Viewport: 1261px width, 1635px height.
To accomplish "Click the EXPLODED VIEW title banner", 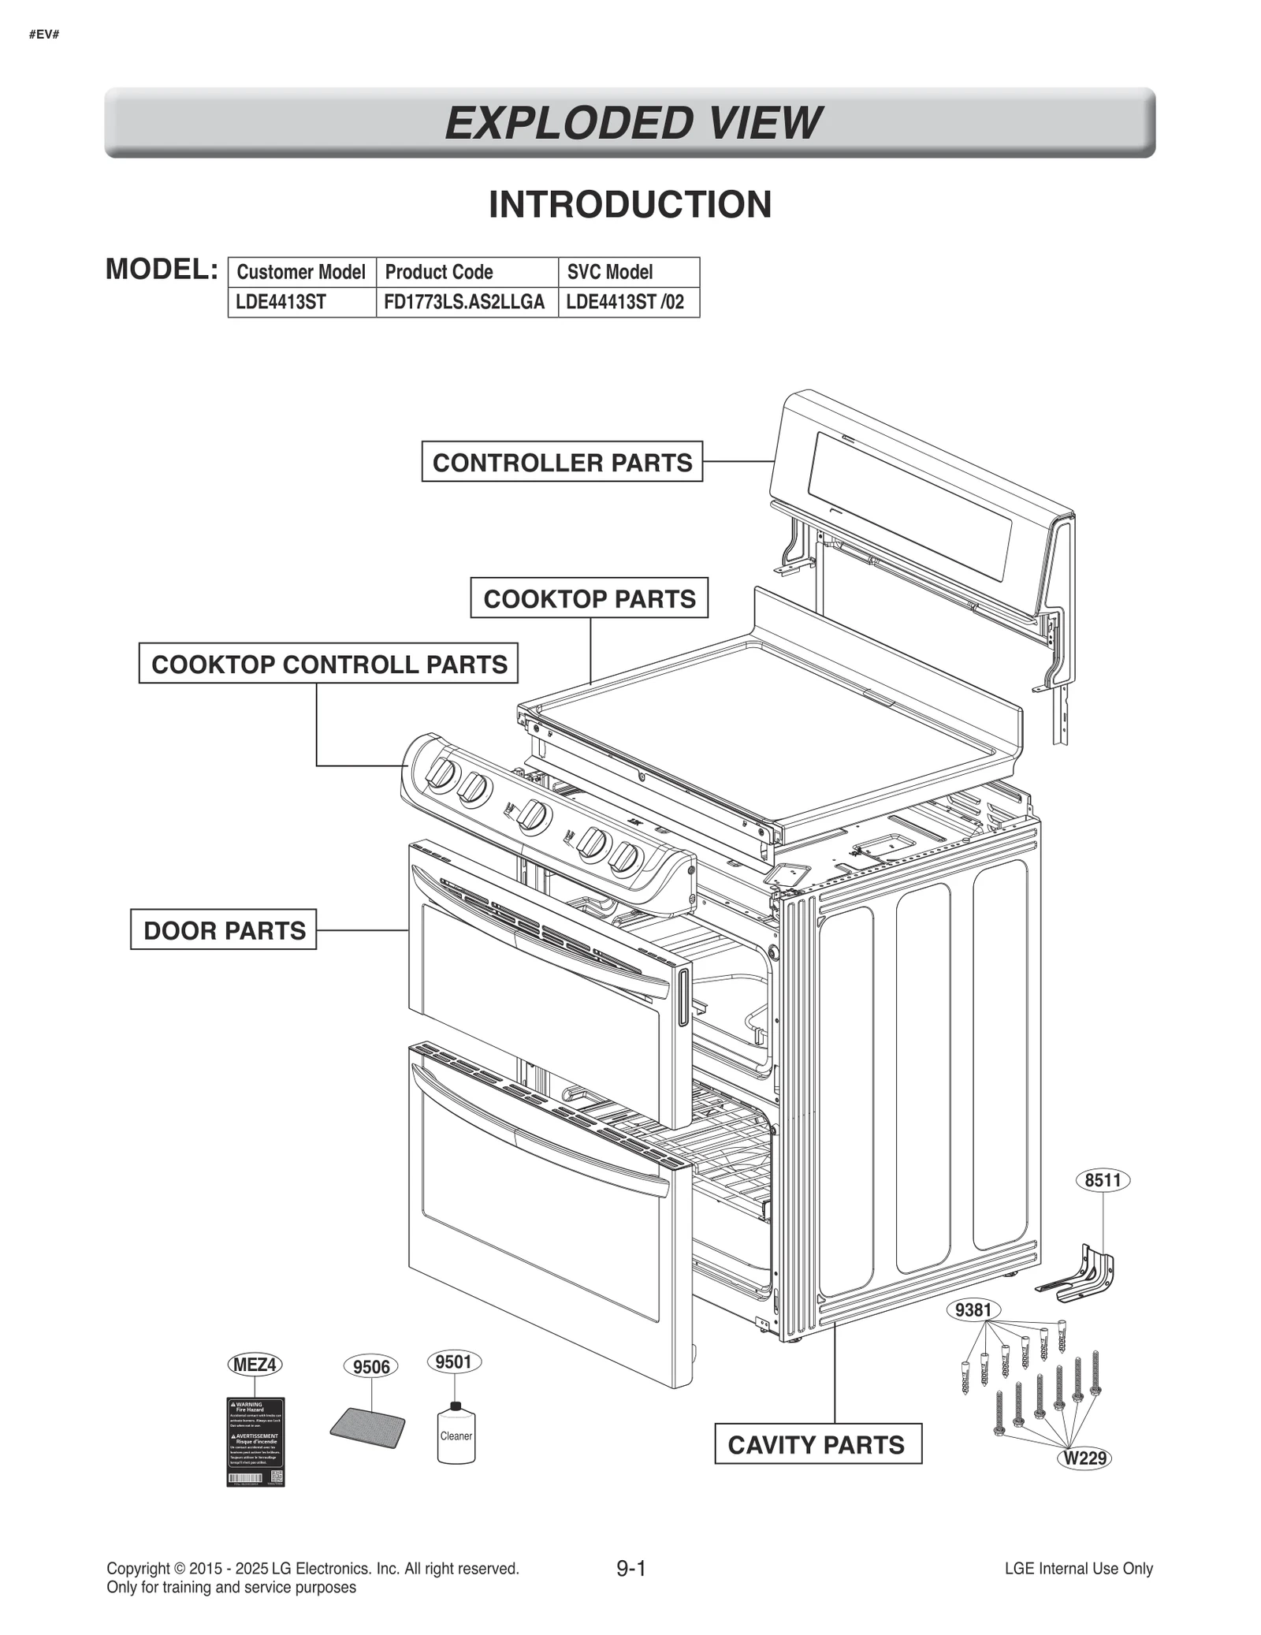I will click(630, 123).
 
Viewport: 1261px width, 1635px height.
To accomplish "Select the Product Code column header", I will click(467, 272).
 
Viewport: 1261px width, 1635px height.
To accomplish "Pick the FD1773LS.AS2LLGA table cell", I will click(467, 302).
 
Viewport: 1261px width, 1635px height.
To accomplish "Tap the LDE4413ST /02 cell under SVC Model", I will click(628, 302).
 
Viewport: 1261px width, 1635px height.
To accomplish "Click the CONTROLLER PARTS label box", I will click(561, 462).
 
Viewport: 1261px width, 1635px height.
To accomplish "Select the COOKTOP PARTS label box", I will click(589, 598).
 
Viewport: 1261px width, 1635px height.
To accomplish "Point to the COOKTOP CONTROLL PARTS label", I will click(329, 664).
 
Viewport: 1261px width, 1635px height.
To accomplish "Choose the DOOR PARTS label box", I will click(224, 930).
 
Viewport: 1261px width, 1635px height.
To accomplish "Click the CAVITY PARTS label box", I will click(817, 1445).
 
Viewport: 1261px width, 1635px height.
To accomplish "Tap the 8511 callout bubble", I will click(1102, 1181).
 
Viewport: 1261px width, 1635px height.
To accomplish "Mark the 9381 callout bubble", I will click(973, 1310).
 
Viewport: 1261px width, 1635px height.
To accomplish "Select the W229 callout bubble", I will click(1084, 1458).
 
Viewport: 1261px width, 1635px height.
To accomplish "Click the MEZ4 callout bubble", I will click(255, 1365).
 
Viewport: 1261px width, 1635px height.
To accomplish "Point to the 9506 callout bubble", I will click(370, 1367).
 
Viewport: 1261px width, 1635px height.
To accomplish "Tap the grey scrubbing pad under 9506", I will click(367, 1429).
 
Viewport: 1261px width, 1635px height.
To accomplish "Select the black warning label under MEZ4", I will click(255, 1443).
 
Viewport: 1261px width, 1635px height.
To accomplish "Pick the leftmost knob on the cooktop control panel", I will click(441, 775).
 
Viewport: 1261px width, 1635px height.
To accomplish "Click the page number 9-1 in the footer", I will click(630, 1569).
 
